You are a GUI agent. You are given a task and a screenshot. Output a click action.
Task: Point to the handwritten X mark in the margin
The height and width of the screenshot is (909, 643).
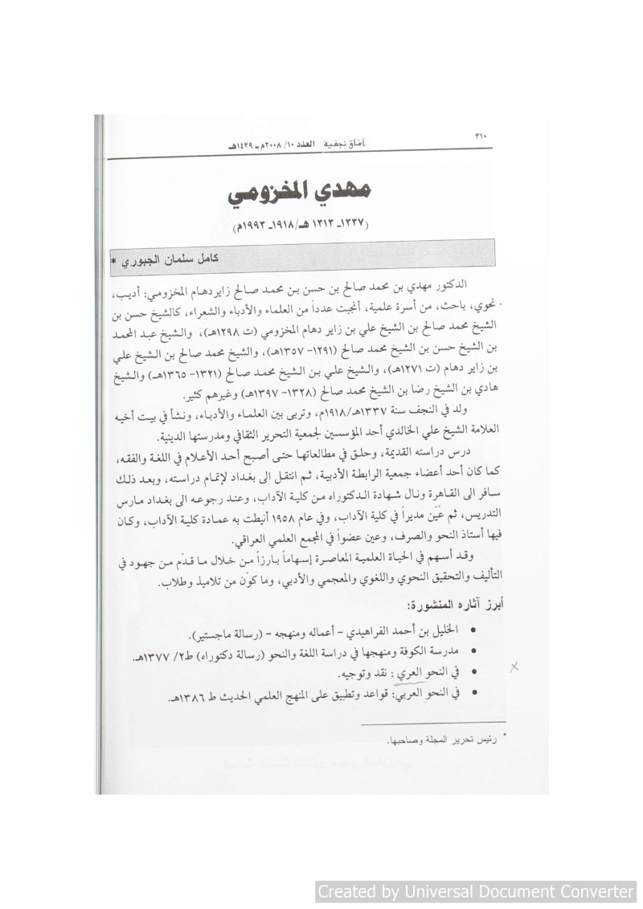515,666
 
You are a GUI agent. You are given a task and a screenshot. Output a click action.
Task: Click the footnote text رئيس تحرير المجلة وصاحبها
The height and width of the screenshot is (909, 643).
443,739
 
